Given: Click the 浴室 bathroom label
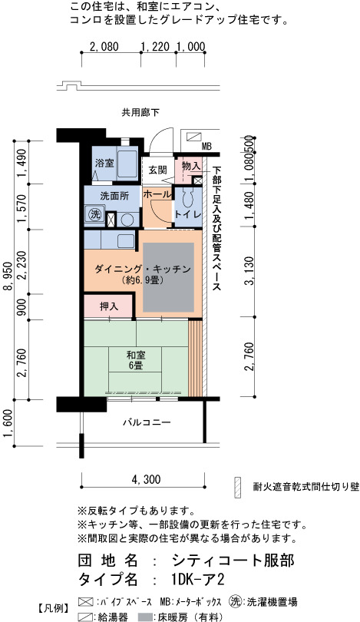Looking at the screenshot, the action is pos(105,163).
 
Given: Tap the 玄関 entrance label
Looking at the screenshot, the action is pos(157,170).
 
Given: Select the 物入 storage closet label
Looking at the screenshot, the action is pos(190,166).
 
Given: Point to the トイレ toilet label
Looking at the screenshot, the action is pos(188,214).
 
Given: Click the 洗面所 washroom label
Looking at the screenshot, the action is pos(114,196).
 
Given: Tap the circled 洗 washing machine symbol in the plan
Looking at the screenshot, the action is pos(95,214).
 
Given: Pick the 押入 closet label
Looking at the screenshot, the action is pos(107,306).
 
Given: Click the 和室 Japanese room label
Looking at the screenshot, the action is pos(136,354).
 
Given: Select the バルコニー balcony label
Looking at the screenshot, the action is pos(147,422).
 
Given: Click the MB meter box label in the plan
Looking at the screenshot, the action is pos(206,147).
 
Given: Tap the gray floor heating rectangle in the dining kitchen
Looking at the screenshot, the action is pos(169,277).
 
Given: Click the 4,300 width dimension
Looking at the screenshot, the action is pos(146,480).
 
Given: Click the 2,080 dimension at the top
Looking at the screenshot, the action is pos(104,46).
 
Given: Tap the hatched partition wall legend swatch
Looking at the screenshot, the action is pos(237,486).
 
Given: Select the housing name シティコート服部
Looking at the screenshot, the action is pos(233,561).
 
